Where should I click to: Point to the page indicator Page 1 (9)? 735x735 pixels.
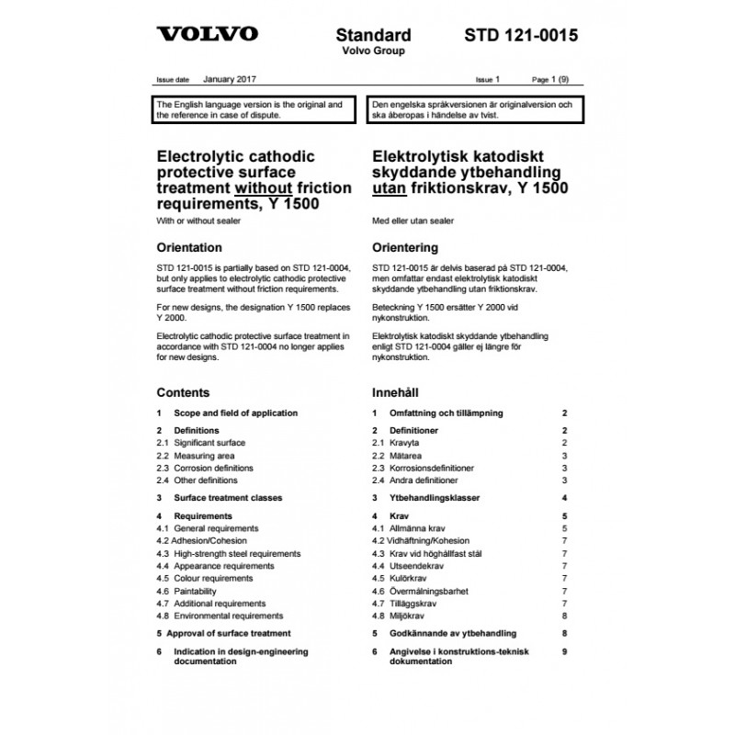pyautogui.click(x=551, y=81)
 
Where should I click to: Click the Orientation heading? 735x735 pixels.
pyautogui.click(x=189, y=247)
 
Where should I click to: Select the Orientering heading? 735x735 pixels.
pyautogui.click(x=404, y=248)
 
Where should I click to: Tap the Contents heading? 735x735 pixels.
pyautogui.click(x=183, y=392)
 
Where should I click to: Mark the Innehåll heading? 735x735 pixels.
pyautogui.click(x=397, y=392)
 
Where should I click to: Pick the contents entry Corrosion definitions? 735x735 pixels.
pyautogui.click(x=217, y=468)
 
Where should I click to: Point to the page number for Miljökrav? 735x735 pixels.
pyautogui.click(x=566, y=616)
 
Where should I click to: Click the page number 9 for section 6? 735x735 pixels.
pyautogui.click(x=566, y=651)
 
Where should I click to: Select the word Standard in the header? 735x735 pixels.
pyautogui.click(x=372, y=36)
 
